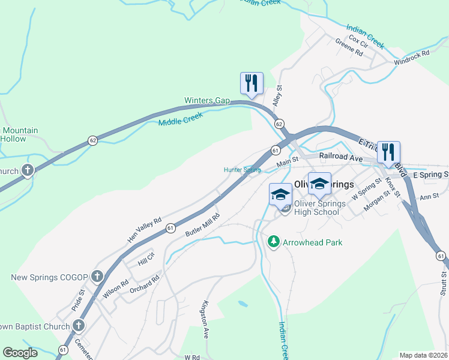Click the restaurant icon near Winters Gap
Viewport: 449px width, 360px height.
coord(252,83)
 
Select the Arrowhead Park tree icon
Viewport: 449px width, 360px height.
coord(274,241)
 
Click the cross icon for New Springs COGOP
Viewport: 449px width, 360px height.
coord(98,277)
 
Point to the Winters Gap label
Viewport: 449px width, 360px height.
coord(207,100)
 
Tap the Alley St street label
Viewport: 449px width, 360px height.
coord(277,96)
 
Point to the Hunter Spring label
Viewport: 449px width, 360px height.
coord(243,170)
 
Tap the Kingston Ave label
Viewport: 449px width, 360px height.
coord(206,311)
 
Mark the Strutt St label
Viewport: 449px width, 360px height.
coord(443,283)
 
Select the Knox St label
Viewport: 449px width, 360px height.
coord(393,187)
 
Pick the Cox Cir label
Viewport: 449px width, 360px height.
coord(358,41)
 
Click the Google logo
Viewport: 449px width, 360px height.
coord(20,353)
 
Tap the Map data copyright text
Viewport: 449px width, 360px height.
coord(423,355)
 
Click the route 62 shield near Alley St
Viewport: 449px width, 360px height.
coord(279,123)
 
